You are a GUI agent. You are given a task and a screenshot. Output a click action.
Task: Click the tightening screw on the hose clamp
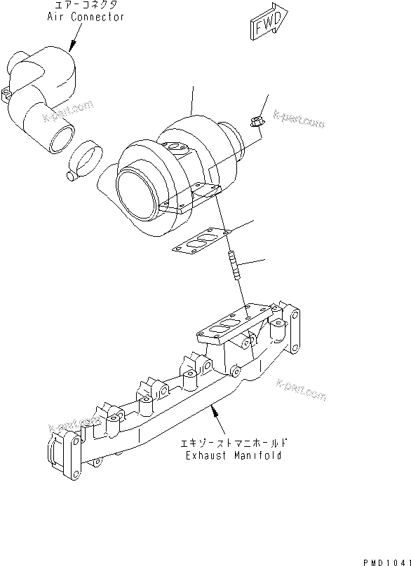click(x=71, y=175)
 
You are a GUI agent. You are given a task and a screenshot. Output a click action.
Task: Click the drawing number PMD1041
click(x=384, y=560)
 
